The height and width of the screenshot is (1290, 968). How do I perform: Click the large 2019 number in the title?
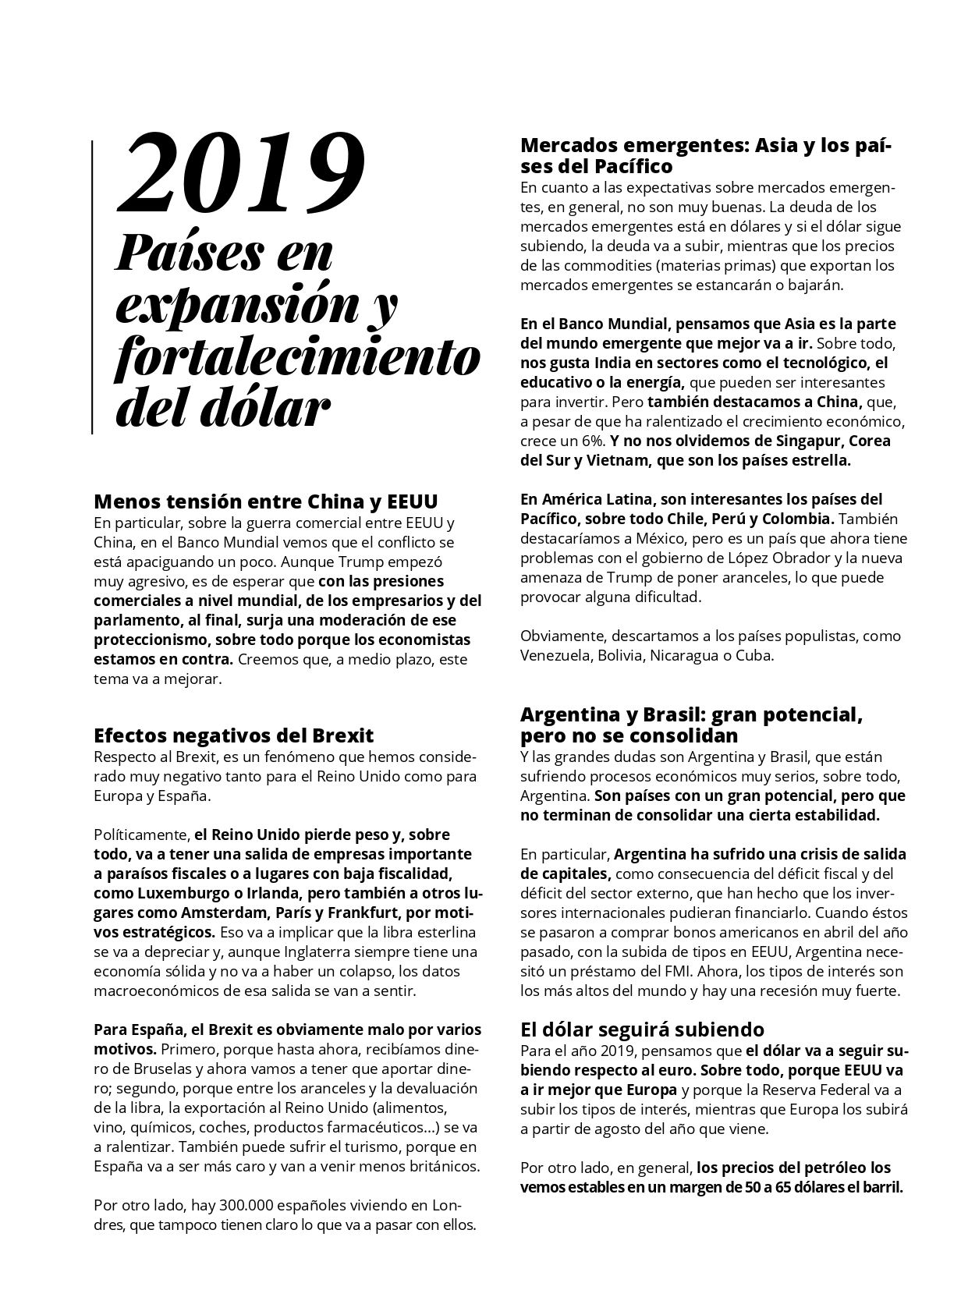point(241,175)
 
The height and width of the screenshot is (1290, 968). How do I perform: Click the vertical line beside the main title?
point(93,287)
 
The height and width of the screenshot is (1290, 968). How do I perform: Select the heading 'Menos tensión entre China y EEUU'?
point(265,501)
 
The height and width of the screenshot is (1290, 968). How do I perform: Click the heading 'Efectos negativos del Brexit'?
point(233,735)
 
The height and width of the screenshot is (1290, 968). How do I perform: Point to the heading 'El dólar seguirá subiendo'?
point(642,1029)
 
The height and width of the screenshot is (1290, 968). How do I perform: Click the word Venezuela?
point(555,655)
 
